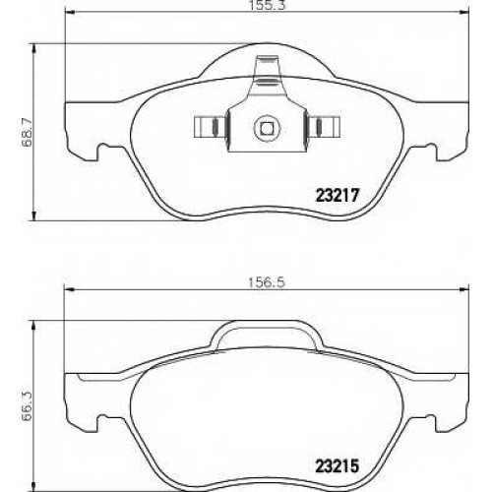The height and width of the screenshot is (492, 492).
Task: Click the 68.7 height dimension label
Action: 28,132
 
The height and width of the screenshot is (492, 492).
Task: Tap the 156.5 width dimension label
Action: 267,282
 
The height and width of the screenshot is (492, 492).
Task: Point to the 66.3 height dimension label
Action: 28,406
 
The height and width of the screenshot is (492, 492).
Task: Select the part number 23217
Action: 338,196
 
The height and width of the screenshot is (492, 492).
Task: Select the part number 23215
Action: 338,465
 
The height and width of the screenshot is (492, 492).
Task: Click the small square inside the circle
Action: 267,128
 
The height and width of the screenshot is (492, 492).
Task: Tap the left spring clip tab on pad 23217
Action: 210,127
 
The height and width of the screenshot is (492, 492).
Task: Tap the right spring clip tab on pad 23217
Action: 324,127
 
